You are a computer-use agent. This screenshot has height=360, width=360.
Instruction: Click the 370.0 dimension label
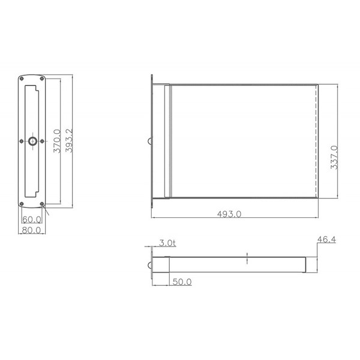[x=57, y=141]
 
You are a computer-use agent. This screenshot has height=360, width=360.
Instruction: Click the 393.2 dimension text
[x=69, y=140]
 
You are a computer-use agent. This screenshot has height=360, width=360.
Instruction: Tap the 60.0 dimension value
[x=32, y=220]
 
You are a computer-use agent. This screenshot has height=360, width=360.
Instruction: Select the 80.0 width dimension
[x=31, y=230]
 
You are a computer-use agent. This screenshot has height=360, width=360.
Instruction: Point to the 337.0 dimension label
[x=334, y=157]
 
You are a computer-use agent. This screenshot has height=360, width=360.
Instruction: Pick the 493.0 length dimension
[x=229, y=214]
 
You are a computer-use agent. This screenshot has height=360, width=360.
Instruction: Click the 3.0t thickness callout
[x=167, y=243]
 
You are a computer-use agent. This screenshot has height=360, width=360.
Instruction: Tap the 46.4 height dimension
[x=326, y=239]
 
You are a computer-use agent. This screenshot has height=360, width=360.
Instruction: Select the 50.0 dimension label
[x=182, y=282]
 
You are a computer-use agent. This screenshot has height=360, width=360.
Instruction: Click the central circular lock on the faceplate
[x=32, y=141]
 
